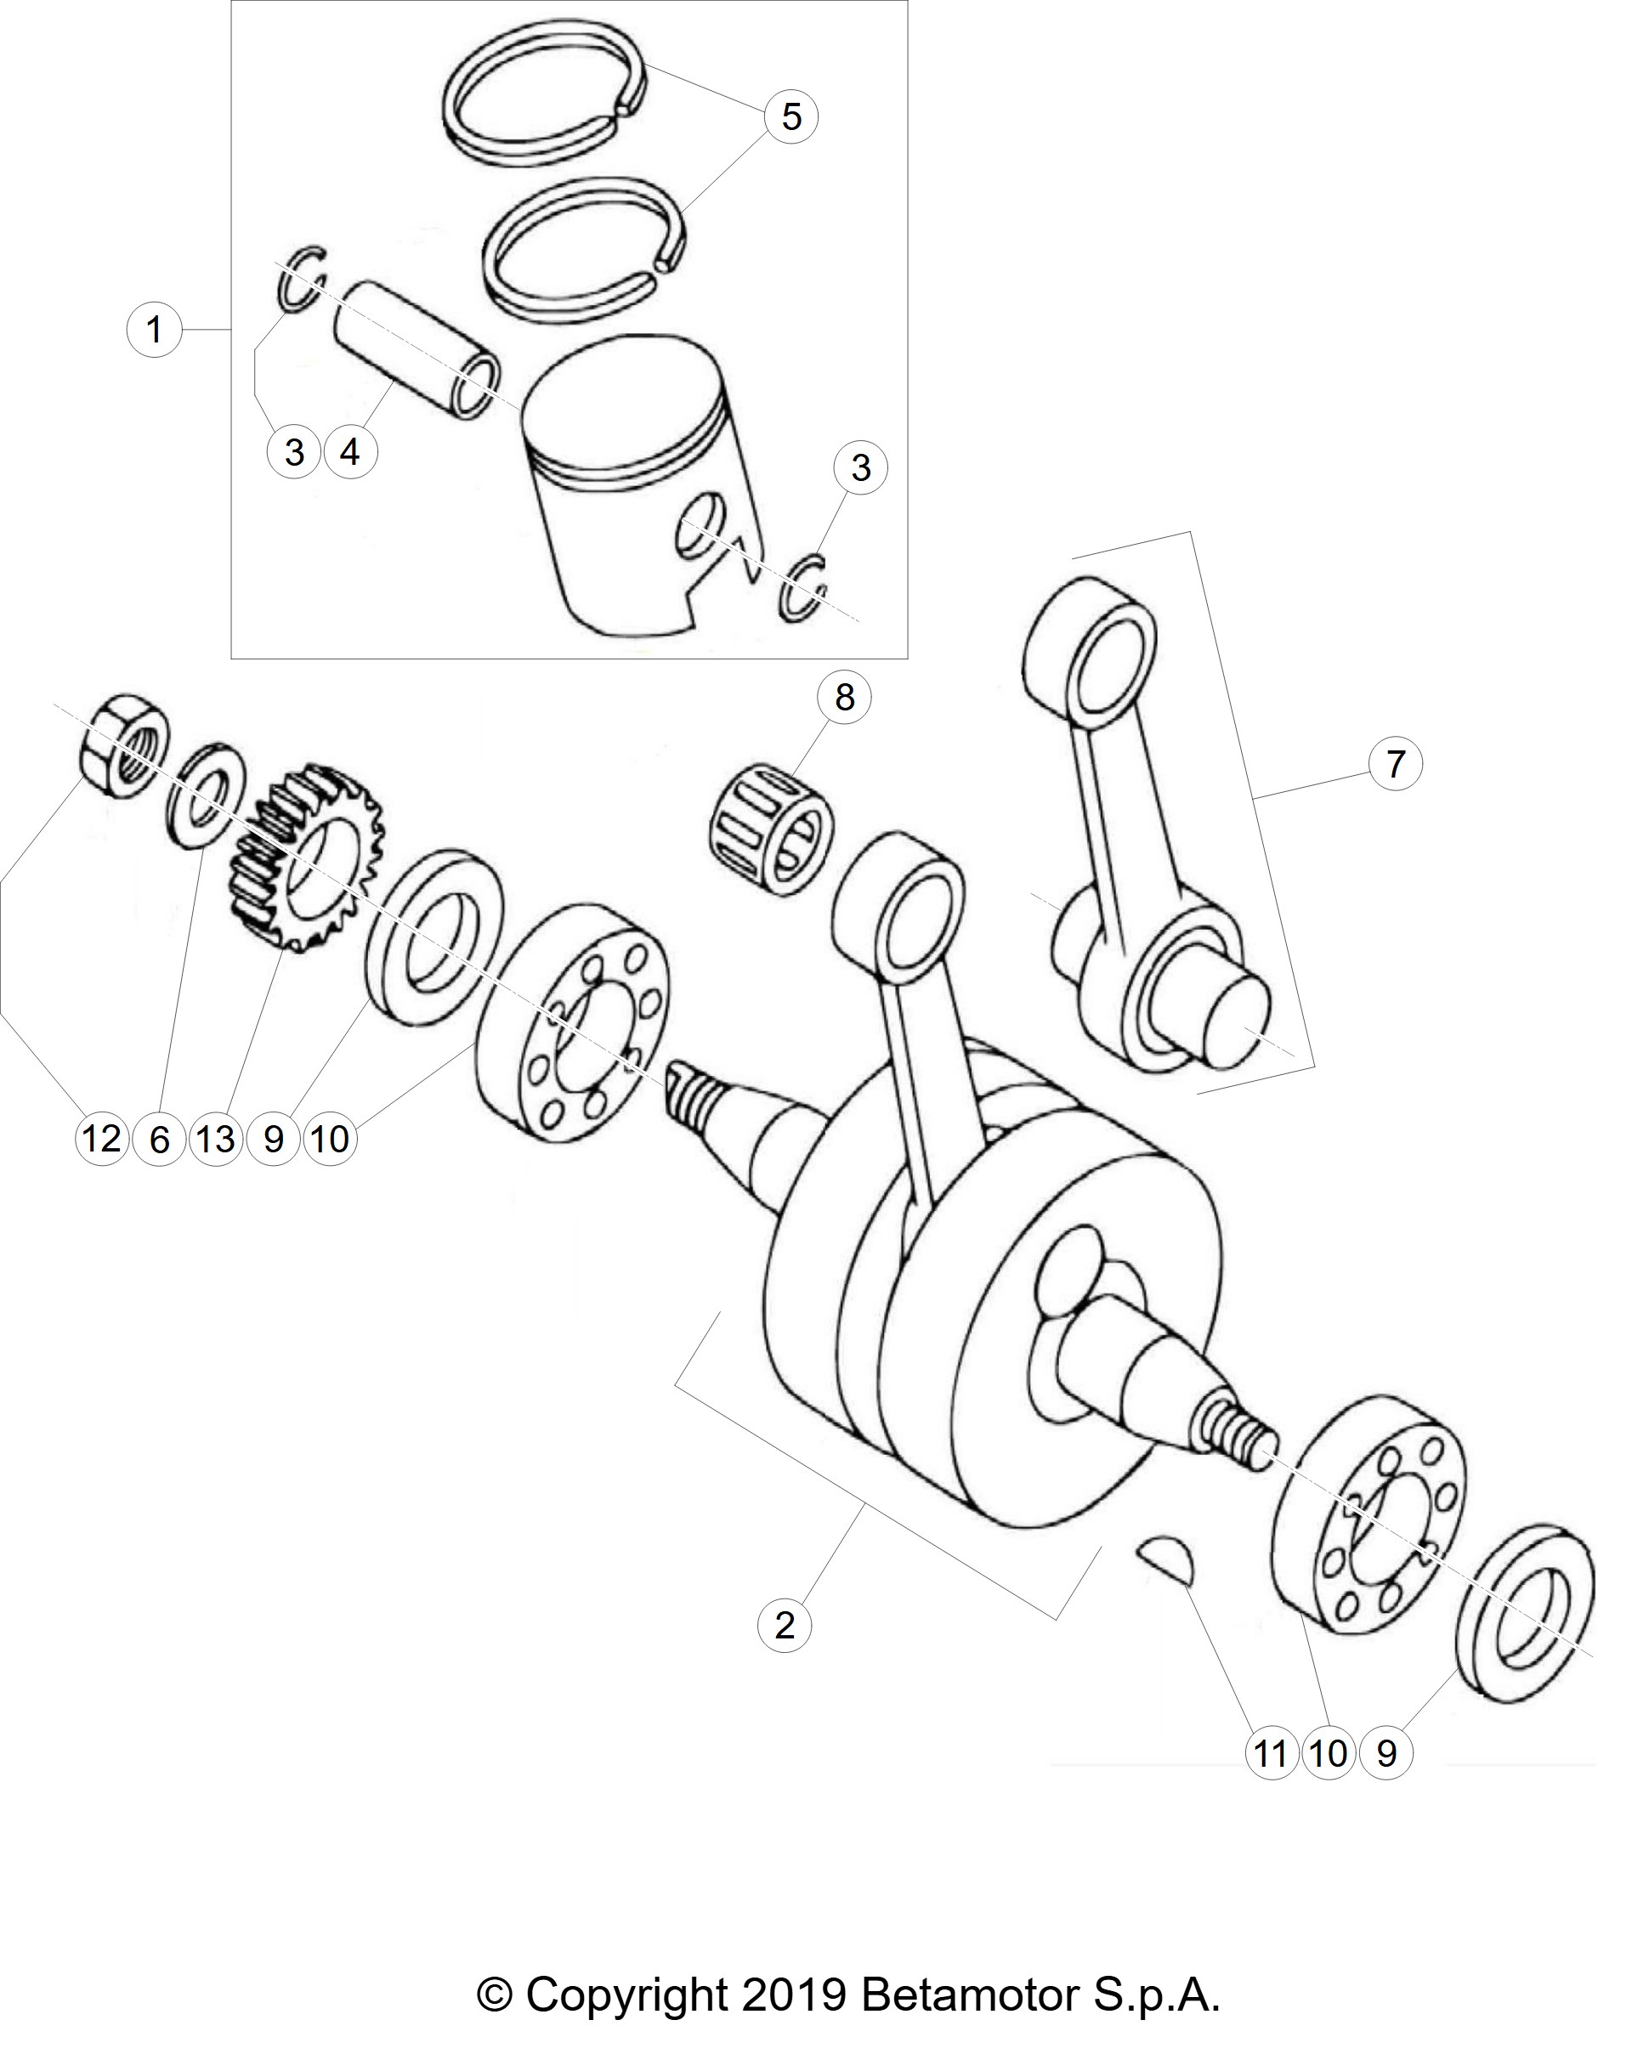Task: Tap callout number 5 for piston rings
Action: pyautogui.click(x=790, y=116)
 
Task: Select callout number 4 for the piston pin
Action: pyautogui.click(x=350, y=450)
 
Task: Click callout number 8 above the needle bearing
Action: pyautogui.click(x=844, y=698)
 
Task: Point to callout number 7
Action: pyautogui.click(x=1395, y=764)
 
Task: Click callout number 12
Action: pyautogui.click(x=102, y=1138)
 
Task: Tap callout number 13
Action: pyautogui.click(x=216, y=1138)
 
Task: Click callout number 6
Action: pyautogui.click(x=159, y=1138)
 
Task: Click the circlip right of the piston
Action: pyautogui.click(x=805, y=589)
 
